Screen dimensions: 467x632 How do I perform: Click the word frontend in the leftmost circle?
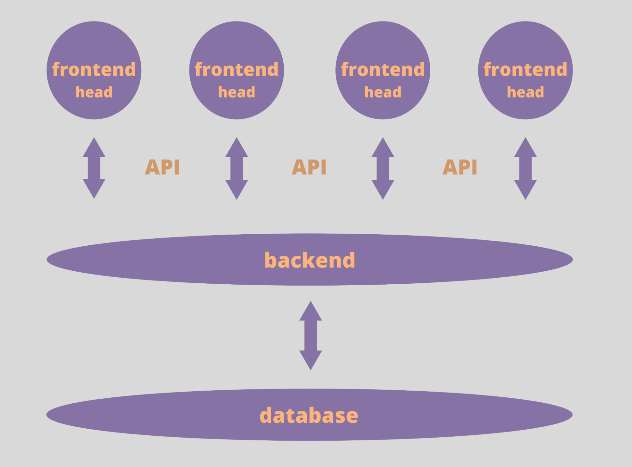[94, 69]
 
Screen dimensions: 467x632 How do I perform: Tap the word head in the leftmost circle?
[94, 92]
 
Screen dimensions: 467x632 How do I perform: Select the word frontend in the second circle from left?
[236, 69]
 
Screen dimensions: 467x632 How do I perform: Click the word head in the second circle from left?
[236, 92]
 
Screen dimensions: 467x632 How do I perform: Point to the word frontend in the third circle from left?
[383, 69]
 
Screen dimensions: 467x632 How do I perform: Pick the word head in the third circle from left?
[383, 92]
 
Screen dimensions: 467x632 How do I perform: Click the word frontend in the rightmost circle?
[525, 69]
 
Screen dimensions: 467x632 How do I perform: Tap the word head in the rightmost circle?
[525, 92]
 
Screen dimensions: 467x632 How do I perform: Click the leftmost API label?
[162, 167]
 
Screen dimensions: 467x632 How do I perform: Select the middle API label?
[309, 167]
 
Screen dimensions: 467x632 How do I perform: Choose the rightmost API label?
[460, 167]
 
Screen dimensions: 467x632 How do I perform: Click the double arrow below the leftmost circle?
[94, 168]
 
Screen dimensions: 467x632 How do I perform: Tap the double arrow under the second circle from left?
[236, 168]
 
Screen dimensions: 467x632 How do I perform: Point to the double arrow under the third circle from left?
[383, 168]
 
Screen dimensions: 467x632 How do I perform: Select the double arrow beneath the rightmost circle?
[525, 168]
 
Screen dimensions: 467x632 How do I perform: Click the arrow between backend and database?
[310, 336]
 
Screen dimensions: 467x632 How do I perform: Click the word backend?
[310, 260]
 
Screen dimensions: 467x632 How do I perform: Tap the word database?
[309, 415]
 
